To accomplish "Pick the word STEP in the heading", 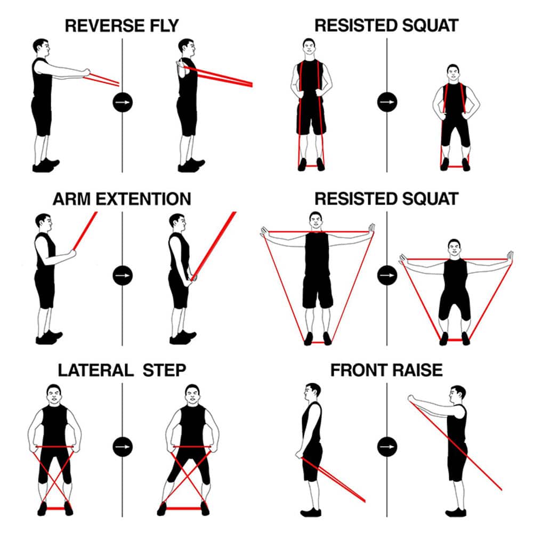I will pos(164,370).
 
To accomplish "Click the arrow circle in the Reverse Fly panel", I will pos(123,102).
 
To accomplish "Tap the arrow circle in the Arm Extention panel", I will pos(123,276).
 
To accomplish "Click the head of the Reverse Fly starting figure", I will pos(41,47).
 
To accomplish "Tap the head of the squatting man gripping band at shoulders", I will pos(453,72).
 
